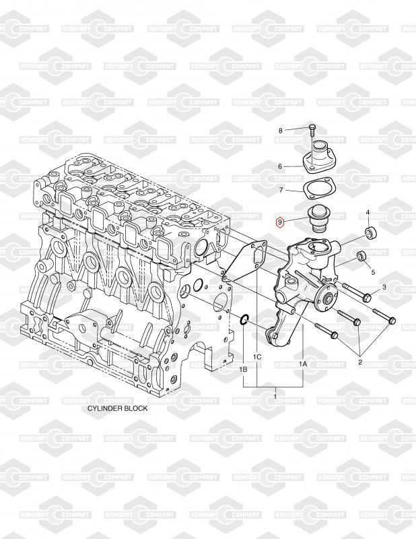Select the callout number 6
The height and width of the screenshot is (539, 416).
pos(281,166)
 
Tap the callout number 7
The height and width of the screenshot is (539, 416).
pos(281,191)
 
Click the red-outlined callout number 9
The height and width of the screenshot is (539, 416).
pos(281,222)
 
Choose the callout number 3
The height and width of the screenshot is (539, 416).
pos(384,288)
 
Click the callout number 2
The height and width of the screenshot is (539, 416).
pos(360,362)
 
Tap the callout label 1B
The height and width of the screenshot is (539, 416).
pos(243,370)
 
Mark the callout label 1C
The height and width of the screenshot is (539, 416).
pos(256,356)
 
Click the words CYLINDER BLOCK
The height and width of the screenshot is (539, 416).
pos(117,409)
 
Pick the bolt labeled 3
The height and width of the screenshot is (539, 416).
pos(357,294)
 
